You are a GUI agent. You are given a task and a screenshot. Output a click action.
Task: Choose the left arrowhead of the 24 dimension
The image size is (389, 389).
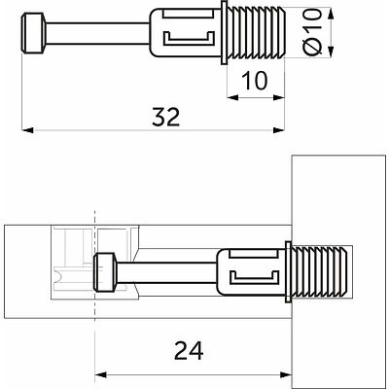tap(98, 374)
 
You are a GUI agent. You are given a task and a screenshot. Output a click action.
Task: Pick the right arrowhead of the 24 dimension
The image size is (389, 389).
tap(288, 374)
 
